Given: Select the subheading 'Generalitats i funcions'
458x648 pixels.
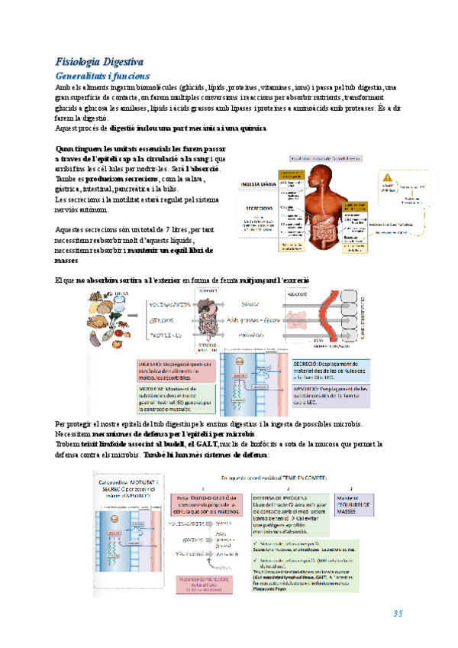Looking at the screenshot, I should pos(103,76).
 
